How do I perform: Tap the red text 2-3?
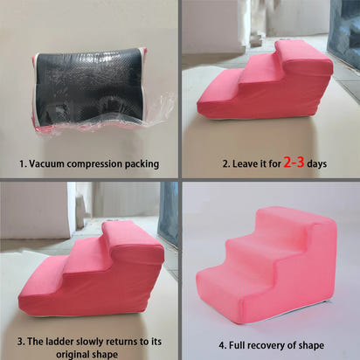tap(294, 162)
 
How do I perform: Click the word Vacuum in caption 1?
tap(48, 163)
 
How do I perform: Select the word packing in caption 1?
tap(140, 163)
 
